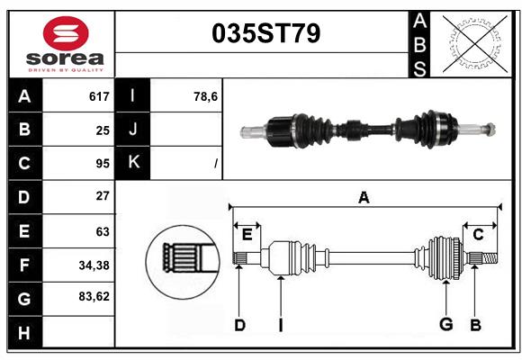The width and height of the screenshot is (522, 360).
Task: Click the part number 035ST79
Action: point(265,34)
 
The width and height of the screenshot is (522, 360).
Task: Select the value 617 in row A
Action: point(99,96)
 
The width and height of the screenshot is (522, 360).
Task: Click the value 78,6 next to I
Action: point(206,96)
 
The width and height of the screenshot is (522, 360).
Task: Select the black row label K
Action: point(133,163)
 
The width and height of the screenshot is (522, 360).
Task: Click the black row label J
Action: point(133,130)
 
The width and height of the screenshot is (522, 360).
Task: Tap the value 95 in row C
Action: point(102,163)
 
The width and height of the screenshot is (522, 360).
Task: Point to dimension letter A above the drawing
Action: point(364,197)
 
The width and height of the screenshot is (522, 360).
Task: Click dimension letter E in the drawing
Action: point(247,234)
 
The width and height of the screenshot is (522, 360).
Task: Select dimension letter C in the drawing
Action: point(478,234)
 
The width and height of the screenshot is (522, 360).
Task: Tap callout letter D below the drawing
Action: point(239,325)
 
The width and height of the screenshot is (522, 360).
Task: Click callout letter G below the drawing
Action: point(445,325)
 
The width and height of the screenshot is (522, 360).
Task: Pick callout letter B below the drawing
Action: point(476,325)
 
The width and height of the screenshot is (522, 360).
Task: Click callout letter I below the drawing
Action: point(280,325)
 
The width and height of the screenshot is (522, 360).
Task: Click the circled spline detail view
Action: point(183,258)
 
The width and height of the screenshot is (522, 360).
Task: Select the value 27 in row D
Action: point(102,196)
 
